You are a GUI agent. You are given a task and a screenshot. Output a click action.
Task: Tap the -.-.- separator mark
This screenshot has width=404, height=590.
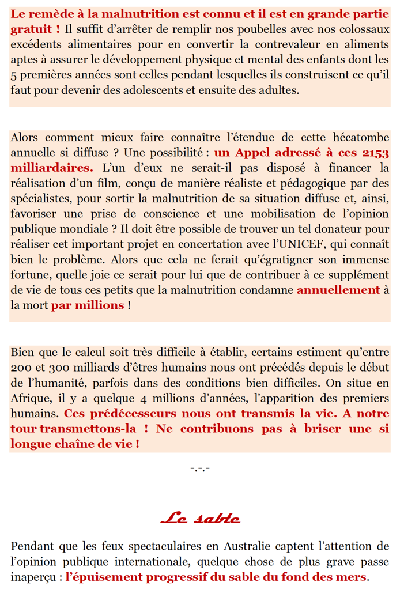199,468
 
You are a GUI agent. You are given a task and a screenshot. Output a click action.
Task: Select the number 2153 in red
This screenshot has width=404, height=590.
375,153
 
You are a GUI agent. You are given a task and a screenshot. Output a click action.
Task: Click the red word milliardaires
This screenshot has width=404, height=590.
51,168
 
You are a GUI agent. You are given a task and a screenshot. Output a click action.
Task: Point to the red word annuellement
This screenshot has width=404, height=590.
338,290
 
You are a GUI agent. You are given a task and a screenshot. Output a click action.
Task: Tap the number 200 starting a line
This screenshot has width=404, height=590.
21,368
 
